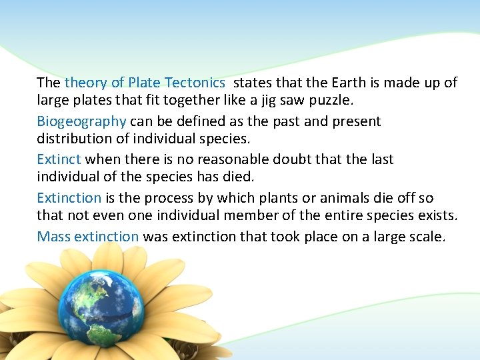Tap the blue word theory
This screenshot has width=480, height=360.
(85, 83)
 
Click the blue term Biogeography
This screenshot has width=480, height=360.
(81, 122)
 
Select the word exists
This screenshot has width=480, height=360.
(438, 217)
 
